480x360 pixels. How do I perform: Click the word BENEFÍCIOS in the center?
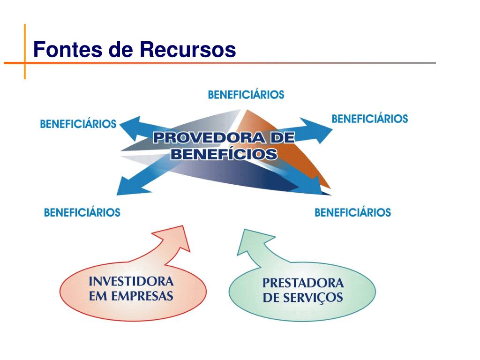click(224, 154)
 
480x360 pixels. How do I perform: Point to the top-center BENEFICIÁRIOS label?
click(246, 95)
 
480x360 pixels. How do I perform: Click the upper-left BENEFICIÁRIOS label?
click(78, 124)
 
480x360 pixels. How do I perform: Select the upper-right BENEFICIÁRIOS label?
click(369, 119)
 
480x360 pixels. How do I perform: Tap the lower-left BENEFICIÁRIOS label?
click(82, 212)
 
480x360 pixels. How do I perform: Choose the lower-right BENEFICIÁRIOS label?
click(352, 212)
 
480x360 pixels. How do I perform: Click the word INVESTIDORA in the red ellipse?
click(131, 282)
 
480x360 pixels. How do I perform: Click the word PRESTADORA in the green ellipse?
click(303, 283)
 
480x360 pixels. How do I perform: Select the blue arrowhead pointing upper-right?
click(320, 128)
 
